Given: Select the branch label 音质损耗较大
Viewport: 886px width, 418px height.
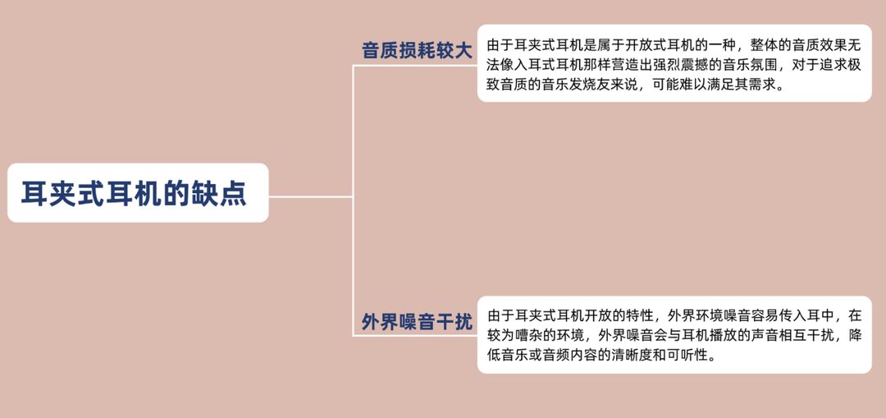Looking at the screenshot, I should (418, 50).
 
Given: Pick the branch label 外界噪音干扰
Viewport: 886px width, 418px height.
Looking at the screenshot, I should (418, 322).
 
